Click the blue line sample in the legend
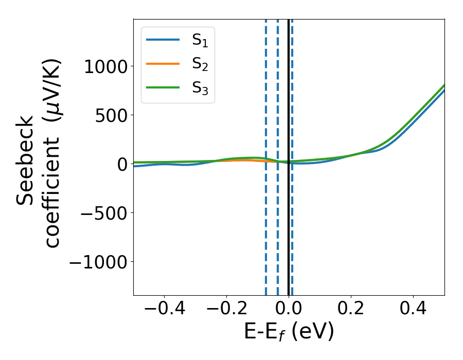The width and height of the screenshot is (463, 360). click(163, 40)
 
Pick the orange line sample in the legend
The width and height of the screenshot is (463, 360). click(163, 64)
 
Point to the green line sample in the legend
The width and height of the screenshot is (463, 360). click(163, 88)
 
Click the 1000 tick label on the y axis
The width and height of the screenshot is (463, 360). click(105, 67)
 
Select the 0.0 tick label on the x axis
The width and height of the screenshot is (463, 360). click(288, 310)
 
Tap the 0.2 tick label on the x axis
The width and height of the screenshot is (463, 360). click(351, 310)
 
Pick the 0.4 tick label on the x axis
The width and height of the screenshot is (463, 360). click(413, 310)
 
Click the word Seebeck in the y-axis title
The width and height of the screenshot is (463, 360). click(26, 159)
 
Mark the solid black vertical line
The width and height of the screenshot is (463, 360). click(289, 231)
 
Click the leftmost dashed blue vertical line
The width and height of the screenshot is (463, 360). click(266, 231)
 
